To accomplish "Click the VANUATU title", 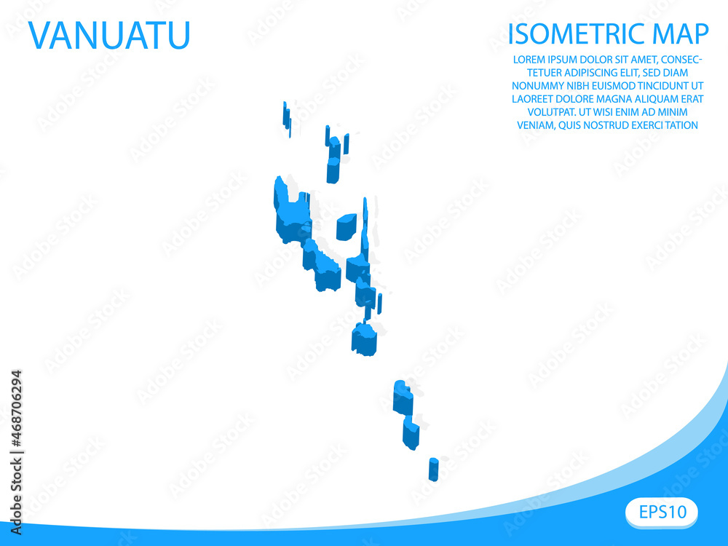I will [109, 35].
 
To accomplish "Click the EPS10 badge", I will [661, 512].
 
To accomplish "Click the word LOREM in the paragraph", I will [529, 60].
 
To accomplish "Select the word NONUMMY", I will [537, 86].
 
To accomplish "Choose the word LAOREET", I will [534, 99].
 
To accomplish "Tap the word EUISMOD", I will [601, 86].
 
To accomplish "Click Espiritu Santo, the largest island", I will [290, 211].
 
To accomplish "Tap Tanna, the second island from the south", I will [411, 432].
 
